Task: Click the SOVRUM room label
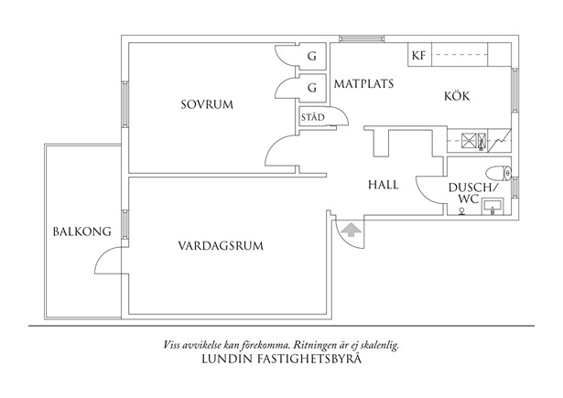tap(207, 105)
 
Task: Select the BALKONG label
tap(75, 231)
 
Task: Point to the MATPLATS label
tap(363, 83)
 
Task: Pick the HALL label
tap(383, 184)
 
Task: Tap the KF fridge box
tap(418, 56)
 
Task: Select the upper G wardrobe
tap(311, 57)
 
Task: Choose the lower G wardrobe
tap(311, 89)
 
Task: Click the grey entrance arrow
tap(350, 231)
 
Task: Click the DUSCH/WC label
tap(469, 193)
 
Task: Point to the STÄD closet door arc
tap(341, 116)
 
